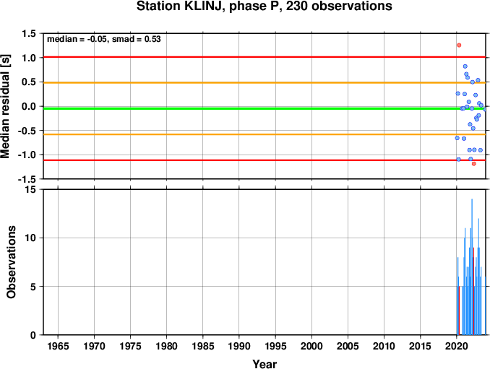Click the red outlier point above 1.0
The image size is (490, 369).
point(459,45)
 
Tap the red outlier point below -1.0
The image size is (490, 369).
point(474,164)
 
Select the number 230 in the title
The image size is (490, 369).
point(297,6)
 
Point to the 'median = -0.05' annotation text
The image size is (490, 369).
point(76,39)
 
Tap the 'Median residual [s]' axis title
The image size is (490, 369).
point(5,106)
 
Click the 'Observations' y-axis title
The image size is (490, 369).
point(12,262)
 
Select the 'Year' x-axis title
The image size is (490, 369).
point(265,364)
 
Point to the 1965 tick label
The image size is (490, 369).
point(58,346)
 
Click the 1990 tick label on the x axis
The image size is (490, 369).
point(239,346)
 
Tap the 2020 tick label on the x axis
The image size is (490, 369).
point(457,346)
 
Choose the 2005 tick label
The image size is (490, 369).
point(348,346)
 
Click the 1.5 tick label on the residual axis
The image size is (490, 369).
point(29,33)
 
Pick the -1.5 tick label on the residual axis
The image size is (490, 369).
point(27,179)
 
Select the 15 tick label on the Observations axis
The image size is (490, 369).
point(30,189)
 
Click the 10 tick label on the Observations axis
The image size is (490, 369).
point(30,238)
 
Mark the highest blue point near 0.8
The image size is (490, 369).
point(465,66)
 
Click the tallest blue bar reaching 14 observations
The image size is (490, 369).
point(472,267)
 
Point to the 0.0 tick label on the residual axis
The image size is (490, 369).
point(29,106)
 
